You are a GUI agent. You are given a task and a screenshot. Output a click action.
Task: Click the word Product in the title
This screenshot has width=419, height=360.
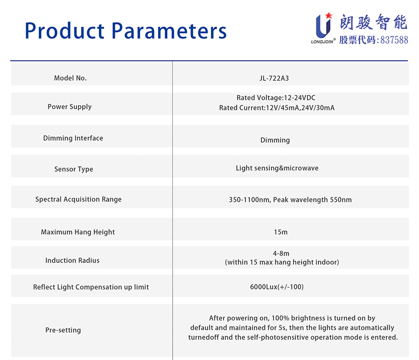pos(64,31)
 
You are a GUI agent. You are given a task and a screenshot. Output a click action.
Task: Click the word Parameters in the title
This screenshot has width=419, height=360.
pos(169,31)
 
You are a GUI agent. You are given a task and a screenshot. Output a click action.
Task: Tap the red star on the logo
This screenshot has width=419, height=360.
pos(329,15)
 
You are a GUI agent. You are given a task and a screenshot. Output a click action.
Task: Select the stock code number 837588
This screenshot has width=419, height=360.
pos(394,40)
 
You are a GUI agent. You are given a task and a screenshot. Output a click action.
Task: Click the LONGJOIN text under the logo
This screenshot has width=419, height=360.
pos(322,42)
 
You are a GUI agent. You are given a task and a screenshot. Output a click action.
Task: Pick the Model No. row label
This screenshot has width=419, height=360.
pos(70,78)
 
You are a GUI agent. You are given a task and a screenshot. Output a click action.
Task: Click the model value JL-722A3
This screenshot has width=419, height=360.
pos(274,78)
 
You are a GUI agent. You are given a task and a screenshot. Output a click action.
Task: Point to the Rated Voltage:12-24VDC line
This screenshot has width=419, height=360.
pos(276,98)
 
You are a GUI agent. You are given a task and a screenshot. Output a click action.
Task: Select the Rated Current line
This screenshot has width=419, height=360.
pos(277,108)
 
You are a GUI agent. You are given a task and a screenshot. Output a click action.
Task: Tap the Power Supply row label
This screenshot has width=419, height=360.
pos(70,107)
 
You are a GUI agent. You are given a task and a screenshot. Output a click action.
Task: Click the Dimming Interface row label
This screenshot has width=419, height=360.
pos(73,138)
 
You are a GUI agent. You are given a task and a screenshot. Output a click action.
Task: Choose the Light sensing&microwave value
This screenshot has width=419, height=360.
pos(277,168)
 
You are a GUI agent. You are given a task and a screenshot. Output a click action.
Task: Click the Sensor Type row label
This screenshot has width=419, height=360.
pos(74,169)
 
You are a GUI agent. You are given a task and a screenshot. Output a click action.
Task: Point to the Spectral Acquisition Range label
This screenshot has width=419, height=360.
pos(78,199)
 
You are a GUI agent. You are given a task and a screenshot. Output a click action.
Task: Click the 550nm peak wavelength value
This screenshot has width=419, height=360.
pos(341,200)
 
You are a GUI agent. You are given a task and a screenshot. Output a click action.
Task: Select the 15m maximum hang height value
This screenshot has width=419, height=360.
pos(280,232)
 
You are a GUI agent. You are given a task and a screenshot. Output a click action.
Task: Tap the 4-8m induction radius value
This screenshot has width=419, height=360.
pos(281,253)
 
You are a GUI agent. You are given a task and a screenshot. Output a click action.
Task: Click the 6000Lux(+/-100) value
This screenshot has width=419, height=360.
pos(277,287)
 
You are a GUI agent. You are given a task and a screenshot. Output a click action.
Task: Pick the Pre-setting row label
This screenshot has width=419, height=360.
pos(63,330)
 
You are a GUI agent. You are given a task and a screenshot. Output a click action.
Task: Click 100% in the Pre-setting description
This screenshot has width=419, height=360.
pos(280,318)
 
